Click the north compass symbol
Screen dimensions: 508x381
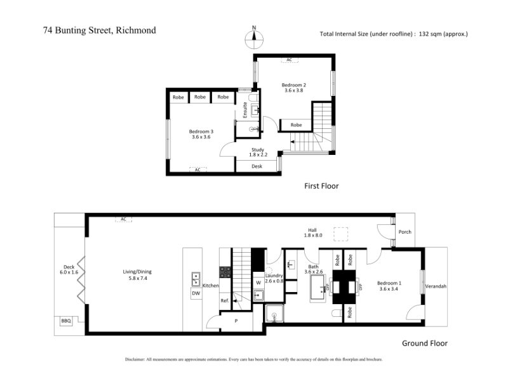pyautogui.click(x=254, y=37)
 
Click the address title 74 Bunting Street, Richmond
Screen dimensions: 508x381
pyautogui.click(x=100, y=30)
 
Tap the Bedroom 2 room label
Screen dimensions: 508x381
pyautogui.click(x=294, y=88)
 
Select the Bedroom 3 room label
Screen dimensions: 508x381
pyautogui.click(x=201, y=134)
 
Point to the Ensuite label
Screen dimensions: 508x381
pyautogui.click(x=245, y=110)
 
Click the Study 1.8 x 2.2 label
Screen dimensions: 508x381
pyautogui.click(x=258, y=152)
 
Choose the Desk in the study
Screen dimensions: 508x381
pyautogui.click(x=257, y=166)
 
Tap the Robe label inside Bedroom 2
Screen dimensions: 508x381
pyautogui.click(x=296, y=124)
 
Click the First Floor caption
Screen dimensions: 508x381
pyautogui.click(x=321, y=186)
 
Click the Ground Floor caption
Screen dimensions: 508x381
pyautogui.click(x=425, y=343)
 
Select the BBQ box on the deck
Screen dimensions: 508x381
pyautogui.click(x=66, y=321)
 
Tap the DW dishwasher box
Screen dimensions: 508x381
pyautogui.click(x=196, y=293)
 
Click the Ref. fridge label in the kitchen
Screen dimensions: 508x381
pyautogui.click(x=225, y=300)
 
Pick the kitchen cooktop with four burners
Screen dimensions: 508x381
pyautogui.click(x=225, y=272)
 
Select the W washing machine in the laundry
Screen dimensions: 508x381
pyautogui.click(x=258, y=283)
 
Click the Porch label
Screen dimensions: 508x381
pyautogui.click(x=405, y=232)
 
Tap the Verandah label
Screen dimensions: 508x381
pyautogui.click(x=436, y=286)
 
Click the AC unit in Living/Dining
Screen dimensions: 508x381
pyautogui.click(x=123, y=219)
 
